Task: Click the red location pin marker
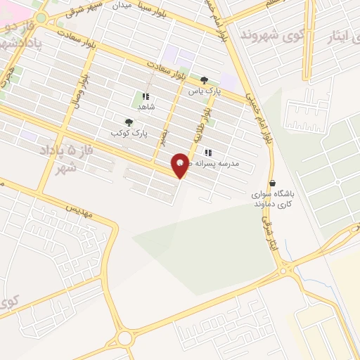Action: (x=181, y=166)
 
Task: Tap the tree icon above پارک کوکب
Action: (x=128, y=122)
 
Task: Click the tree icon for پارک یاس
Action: (x=204, y=80)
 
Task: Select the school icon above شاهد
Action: (x=146, y=96)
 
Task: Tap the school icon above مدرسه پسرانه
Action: (x=207, y=153)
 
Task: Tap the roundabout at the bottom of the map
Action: (x=126, y=338)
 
